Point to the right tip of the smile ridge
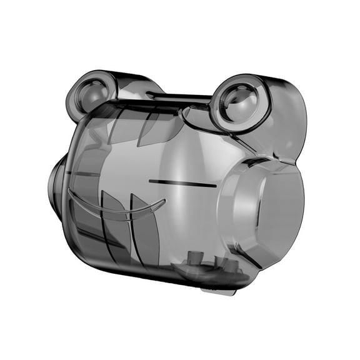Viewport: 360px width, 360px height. pos(164,201)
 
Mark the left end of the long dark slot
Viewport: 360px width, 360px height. pos(150,181)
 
